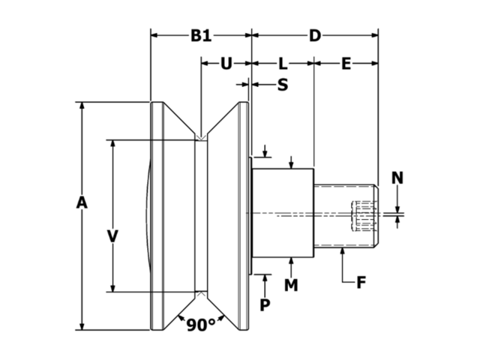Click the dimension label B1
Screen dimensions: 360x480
[200, 35]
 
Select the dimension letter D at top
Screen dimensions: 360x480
[315, 35]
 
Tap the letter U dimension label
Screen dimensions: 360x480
[226, 64]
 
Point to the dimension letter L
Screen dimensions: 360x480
[283, 64]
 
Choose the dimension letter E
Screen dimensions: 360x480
[346, 64]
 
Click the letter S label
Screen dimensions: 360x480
[283, 85]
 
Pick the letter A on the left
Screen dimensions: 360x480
[82, 202]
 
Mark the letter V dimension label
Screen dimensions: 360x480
[112, 237]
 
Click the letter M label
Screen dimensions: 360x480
[291, 285]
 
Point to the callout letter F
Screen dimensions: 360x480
[361, 283]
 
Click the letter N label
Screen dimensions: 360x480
[397, 178]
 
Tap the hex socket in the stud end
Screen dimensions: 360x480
[361, 215]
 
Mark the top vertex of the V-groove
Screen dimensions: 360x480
[200, 137]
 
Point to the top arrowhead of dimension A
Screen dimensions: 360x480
[82, 105]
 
